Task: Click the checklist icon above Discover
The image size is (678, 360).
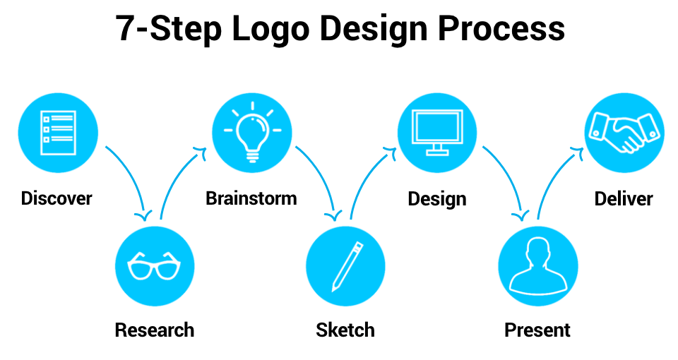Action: [x=58, y=133]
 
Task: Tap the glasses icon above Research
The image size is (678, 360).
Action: [x=155, y=266]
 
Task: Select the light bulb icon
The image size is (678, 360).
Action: [x=253, y=132]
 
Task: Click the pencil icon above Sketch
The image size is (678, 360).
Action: [x=347, y=267]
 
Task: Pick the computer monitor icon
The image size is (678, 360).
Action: [x=437, y=132]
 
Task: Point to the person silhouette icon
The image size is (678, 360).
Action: [x=537, y=266]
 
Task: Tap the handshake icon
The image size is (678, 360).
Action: [x=624, y=132]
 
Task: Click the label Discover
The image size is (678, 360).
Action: [x=56, y=198]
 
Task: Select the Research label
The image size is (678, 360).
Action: [x=155, y=330]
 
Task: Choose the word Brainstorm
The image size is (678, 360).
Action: [x=251, y=198]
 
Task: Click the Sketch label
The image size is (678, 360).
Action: [x=345, y=330]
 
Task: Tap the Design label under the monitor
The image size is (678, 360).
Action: [x=437, y=199]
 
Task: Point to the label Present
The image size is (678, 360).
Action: [x=537, y=330]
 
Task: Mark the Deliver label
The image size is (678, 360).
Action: [x=624, y=198]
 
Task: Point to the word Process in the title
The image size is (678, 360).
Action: [x=501, y=28]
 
